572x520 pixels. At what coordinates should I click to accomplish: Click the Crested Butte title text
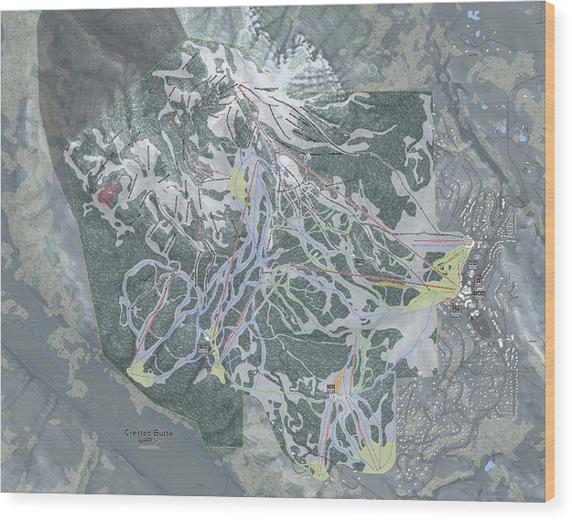(x=147, y=431)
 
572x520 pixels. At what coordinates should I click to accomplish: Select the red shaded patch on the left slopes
(x=108, y=193)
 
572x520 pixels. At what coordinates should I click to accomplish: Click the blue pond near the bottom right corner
(x=491, y=465)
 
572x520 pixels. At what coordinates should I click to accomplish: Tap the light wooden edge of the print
(x=549, y=256)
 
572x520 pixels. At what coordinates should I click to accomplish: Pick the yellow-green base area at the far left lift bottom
(x=142, y=372)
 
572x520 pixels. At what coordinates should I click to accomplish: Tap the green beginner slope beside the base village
(x=430, y=291)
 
